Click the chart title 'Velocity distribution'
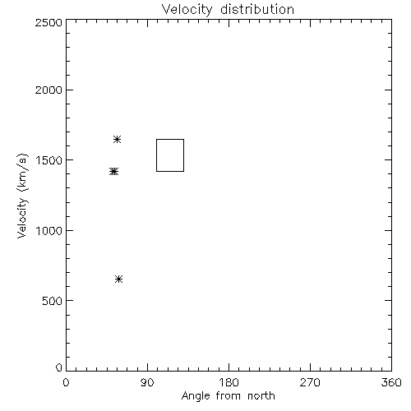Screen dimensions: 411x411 [x=228, y=10]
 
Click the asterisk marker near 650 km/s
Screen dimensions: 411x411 [x=118, y=279]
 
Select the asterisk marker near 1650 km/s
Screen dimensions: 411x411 [x=117, y=140]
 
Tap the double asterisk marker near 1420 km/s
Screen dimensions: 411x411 [x=113, y=172]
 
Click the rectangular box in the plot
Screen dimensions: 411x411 [x=156, y=155]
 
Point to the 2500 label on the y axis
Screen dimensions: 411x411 [x=48, y=22]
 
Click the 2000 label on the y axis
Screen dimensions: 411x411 [x=48, y=90]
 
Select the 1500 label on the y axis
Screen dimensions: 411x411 [x=49, y=160]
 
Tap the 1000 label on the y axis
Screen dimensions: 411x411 [x=49, y=230]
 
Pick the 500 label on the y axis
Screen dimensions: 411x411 [x=53, y=301]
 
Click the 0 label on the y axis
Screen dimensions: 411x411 [x=59, y=367]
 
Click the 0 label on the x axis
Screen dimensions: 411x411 [x=66, y=382]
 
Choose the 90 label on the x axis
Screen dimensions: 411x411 [x=147, y=382]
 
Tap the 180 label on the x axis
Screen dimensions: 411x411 [x=229, y=382]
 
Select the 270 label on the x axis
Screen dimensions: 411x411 [x=310, y=382]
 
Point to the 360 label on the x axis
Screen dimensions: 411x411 [x=391, y=382]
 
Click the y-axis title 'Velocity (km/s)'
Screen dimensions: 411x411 [x=22, y=196]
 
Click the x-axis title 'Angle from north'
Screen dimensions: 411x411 [x=229, y=396]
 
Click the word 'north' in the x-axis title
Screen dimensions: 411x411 [x=261, y=395]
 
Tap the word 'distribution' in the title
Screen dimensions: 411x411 [x=257, y=9]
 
